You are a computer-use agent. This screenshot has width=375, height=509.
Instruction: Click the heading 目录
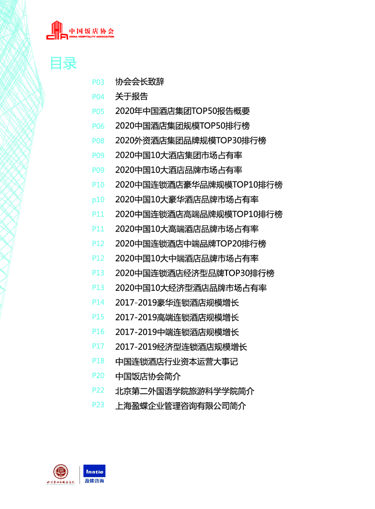63,64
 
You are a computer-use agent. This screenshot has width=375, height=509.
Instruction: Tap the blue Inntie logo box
94,471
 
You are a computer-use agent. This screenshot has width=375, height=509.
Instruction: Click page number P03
98,82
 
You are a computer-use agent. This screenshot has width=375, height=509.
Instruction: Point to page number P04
98,97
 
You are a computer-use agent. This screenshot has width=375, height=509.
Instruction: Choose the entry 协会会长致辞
140,82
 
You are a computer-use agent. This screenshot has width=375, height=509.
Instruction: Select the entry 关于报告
131,97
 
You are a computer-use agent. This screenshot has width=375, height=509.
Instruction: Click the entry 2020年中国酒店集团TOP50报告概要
182,111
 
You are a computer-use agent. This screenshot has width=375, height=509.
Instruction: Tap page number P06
98,126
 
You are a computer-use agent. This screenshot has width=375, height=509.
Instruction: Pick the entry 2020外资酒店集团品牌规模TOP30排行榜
191,141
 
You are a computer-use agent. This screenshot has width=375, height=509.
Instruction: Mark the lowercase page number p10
98,199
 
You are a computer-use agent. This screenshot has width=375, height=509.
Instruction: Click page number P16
98,332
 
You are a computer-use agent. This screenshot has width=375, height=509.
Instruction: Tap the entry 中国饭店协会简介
148,376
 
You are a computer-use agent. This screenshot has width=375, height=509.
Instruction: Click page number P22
98,390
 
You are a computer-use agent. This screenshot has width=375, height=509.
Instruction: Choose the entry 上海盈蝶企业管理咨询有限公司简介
180,406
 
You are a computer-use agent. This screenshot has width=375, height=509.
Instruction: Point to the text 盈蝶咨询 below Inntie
94,481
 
